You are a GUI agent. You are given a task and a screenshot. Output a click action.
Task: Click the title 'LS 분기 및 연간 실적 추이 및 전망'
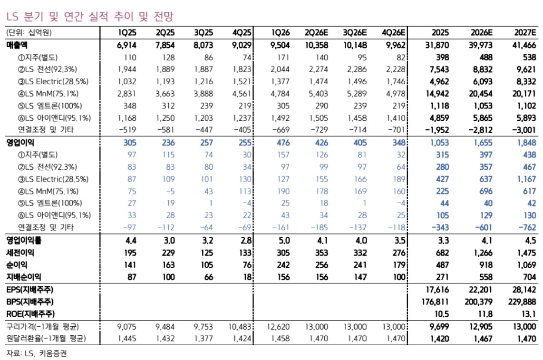pyautogui.click(x=89, y=16)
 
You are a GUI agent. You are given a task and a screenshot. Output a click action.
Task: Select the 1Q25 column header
pyautogui.click(x=127, y=32)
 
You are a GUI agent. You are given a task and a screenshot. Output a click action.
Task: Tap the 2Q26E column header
pyautogui.click(x=317, y=32)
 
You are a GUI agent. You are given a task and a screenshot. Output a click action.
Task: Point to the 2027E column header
pyautogui.click(x=525, y=32)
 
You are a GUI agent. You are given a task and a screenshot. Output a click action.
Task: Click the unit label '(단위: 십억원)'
pyautogui.click(x=29, y=32)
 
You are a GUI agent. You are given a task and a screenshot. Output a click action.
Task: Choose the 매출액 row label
pyautogui.click(x=17, y=45)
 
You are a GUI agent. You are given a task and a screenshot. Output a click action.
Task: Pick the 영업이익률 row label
pyautogui.click(x=24, y=240)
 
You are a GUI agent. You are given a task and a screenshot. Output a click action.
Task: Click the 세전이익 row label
pyautogui.click(x=20, y=253)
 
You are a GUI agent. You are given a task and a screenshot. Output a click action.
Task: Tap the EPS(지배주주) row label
pyautogui.click(x=30, y=289)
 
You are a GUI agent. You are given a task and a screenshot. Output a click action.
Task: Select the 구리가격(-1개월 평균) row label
pyautogui.click(x=43, y=326)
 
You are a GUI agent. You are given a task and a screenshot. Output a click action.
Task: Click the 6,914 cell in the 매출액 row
pyautogui.click(x=126, y=45)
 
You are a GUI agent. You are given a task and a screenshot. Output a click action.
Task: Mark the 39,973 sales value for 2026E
pyautogui.click(x=481, y=45)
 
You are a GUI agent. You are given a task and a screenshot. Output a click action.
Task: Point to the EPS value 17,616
pyautogui.click(x=437, y=289)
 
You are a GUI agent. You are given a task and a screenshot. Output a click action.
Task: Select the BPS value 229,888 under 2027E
pyautogui.click(x=522, y=302)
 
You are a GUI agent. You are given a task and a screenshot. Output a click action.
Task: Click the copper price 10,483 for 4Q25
pyautogui.click(x=240, y=326)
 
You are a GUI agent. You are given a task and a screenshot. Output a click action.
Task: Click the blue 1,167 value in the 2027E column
pyautogui.click(x=526, y=179)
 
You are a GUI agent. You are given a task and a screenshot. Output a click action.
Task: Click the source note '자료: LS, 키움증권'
pyautogui.click(x=36, y=353)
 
